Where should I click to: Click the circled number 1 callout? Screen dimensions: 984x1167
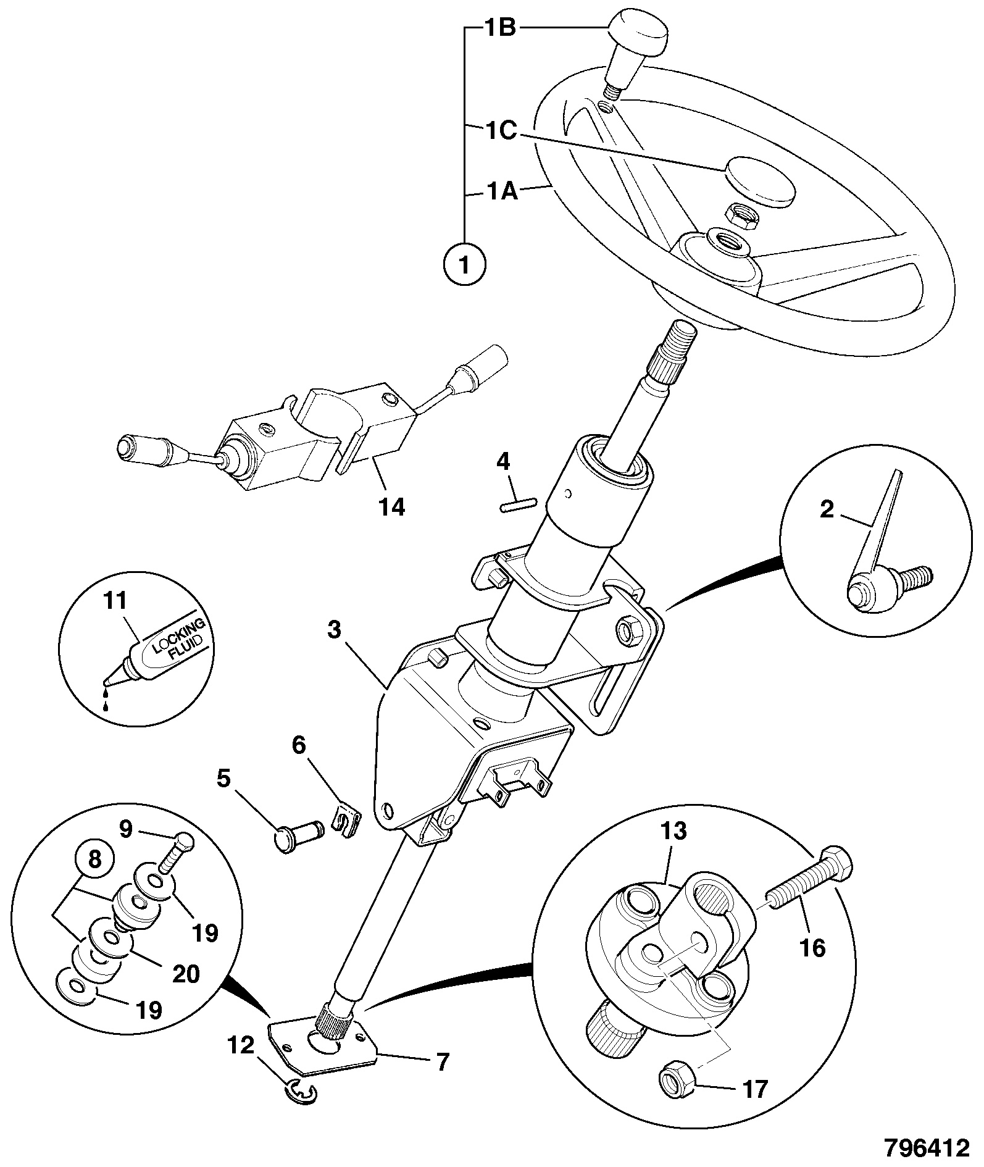pos(465,264)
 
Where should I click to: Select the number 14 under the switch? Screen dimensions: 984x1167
pos(393,507)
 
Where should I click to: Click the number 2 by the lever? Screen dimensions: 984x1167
pos(827,510)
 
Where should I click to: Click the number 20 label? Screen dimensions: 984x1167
pos(185,974)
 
